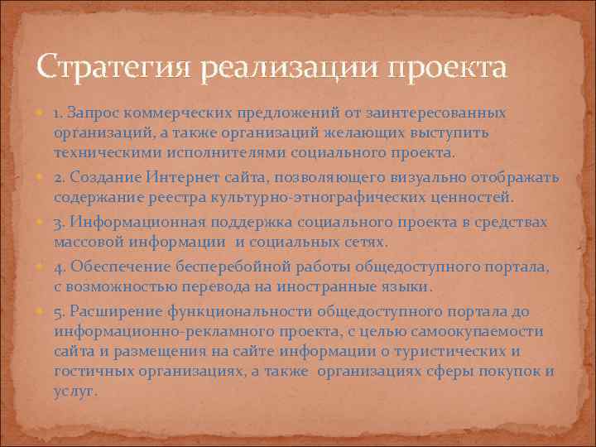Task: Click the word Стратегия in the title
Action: click(x=108, y=67)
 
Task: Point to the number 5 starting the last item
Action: click(x=59, y=310)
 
